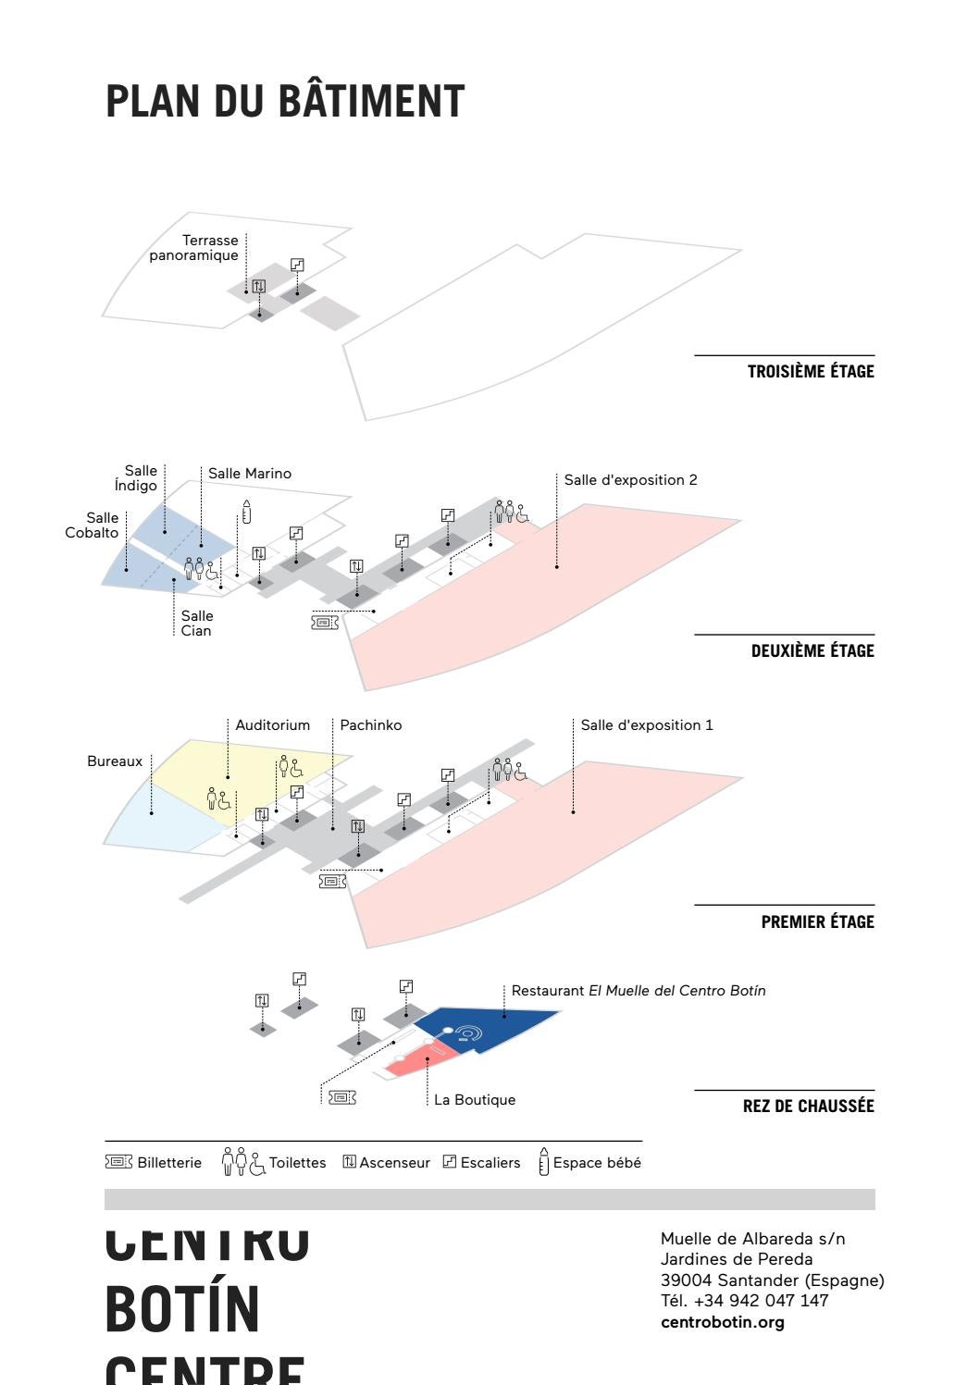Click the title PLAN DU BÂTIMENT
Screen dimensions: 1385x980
pyautogui.click(x=284, y=101)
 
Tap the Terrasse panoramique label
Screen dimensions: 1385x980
pyautogui.click(x=193, y=248)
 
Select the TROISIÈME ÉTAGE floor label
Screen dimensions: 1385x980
pyautogui.click(x=810, y=372)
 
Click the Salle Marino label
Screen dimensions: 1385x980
pyautogui.click(x=250, y=474)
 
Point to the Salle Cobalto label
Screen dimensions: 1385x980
pyautogui.click(x=93, y=525)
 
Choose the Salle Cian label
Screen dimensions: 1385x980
pyautogui.click(x=196, y=623)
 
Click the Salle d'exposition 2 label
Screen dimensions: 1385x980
pyautogui.click(x=630, y=479)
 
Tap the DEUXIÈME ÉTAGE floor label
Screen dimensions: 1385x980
pyautogui.click(x=812, y=651)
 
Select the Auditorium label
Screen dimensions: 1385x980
pyautogui.click(x=273, y=725)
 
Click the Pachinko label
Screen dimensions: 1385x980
pyautogui.click(x=371, y=725)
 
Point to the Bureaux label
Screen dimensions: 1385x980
pyautogui.click(x=115, y=761)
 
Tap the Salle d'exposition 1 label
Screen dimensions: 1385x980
pyautogui.click(x=647, y=725)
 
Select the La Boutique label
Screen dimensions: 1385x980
pyautogui.click(x=475, y=1100)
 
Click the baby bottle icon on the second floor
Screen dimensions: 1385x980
pyautogui.click(x=246, y=512)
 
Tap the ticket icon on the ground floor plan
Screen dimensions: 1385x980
pyautogui.click(x=341, y=1097)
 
